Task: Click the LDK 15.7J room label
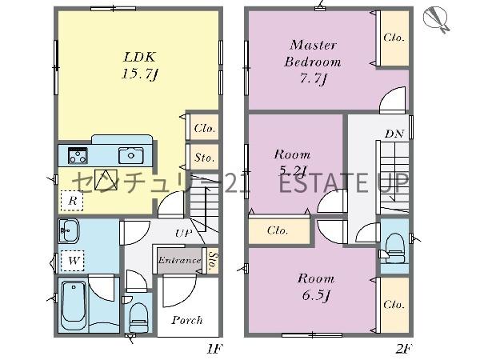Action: coord(140,66)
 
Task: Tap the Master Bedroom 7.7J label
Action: coord(313,62)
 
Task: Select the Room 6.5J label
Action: coord(316,287)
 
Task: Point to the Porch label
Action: coord(187,320)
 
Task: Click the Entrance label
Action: coord(180,261)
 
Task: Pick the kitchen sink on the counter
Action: coord(131,155)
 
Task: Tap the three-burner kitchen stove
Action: coord(78,155)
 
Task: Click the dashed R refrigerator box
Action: coord(72,201)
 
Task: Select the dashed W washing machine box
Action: coord(73,261)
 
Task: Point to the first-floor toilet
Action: coord(138,317)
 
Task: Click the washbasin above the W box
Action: coord(69,231)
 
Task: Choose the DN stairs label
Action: coord(394,134)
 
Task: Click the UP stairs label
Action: coord(184,234)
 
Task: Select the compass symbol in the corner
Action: coord(436,19)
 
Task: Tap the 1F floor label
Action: coord(215,349)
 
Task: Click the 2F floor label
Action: coord(405,349)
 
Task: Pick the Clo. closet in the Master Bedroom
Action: coord(394,38)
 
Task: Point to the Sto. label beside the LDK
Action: coord(205,158)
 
